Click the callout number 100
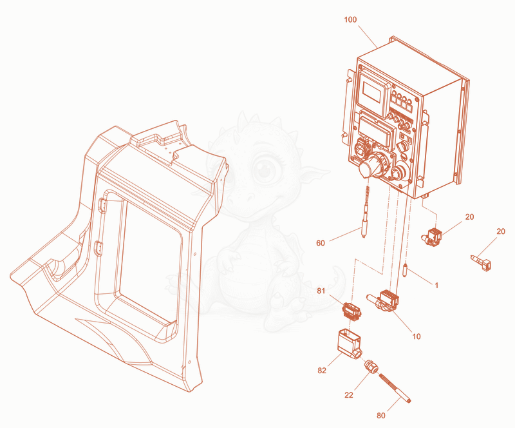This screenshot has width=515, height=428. [x=350, y=20]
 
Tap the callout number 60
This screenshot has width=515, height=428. [x=320, y=243]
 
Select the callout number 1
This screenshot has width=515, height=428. [x=436, y=286]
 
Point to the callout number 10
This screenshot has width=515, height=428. [x=416, y=336]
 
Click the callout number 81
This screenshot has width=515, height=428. [x=321, y=291]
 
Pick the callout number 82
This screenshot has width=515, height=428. [x=322, y=371]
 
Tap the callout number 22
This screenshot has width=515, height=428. [x=349, y=394]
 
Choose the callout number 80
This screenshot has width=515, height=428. [x=380, y=416]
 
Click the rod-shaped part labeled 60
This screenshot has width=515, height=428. [x=365, y=212]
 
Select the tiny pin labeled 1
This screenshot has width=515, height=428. [x=406, y=270]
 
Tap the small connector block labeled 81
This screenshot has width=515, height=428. [x=352, y=310]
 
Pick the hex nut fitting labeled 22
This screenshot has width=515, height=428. [x=371, y=366]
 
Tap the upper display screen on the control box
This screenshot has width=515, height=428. [x=371, y=92]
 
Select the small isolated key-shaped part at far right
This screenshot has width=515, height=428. [x=482, y=262]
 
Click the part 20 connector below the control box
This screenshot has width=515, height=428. [x=432, y=237]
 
